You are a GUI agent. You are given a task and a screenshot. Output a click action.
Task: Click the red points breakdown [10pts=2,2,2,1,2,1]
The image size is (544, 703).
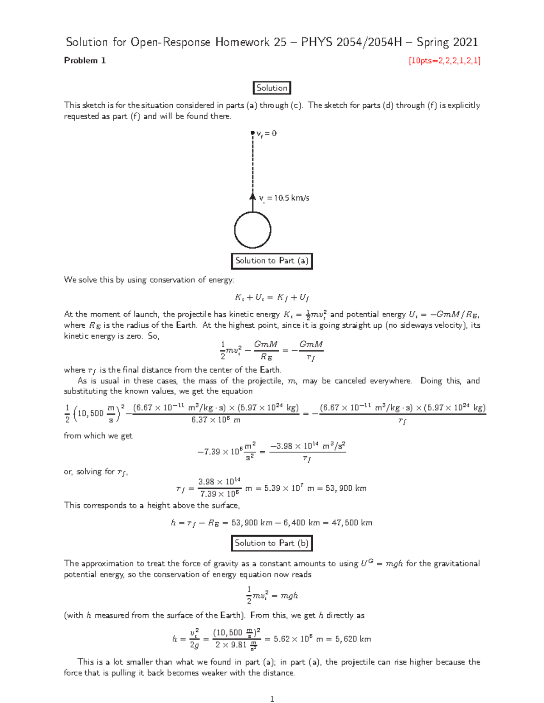pyautogui.click(x=444, y=61)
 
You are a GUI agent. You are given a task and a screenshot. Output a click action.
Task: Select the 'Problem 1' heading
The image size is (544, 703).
pyautogui.click(x=85, y=61)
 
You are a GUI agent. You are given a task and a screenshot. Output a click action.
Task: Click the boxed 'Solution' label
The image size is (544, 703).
pyautogui.click(x=272, y=88)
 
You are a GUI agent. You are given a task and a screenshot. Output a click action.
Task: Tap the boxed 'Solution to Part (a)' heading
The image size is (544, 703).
pyautogui.click(x=272, y=261)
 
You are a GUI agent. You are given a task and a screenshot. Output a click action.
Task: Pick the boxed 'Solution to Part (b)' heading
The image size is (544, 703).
pyautogui.click(x=272, y=543)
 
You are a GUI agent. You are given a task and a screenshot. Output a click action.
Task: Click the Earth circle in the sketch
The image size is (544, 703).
pyautogui.click(x=253, y=230)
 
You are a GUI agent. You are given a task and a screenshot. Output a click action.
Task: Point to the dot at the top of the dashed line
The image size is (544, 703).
pyautogui.click(x=253, y=133)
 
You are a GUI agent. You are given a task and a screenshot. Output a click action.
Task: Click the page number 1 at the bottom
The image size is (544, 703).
pyautogui.click(x=272, y=699)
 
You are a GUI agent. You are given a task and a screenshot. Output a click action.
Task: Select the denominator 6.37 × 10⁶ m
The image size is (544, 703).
pyautogui.click(x=216, y=420)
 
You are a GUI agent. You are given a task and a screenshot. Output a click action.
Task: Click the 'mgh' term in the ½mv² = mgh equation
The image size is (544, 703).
pyautogui.click(x=289, y=596)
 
